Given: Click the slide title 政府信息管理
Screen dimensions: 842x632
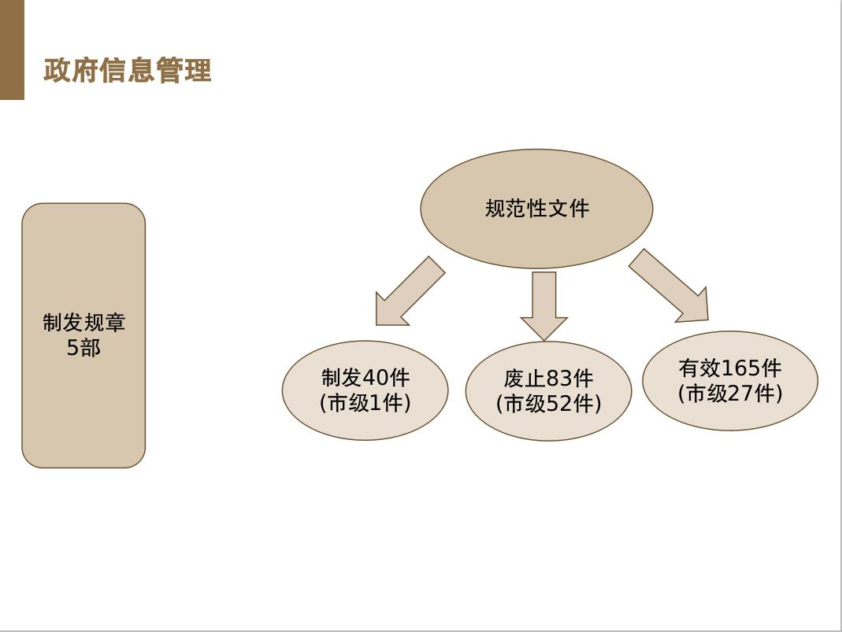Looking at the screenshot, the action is point(128,71).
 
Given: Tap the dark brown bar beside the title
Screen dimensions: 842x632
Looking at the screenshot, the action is point(12,50).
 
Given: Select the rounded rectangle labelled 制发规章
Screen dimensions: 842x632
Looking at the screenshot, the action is point(83,335).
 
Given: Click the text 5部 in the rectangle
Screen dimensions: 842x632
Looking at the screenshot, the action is point(83,348).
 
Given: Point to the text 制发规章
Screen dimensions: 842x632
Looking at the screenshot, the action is point(83,323).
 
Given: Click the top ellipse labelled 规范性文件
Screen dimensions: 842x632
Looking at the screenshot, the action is point(536,209).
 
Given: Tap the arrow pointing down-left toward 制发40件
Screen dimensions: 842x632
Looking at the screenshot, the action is point(410,291).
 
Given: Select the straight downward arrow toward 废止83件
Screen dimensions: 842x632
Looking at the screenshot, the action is point(544,306).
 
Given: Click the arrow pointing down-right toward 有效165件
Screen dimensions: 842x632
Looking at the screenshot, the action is point(669,286).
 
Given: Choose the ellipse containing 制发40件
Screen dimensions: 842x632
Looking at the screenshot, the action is point(365,390).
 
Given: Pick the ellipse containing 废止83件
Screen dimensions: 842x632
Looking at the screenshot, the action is point(548,391).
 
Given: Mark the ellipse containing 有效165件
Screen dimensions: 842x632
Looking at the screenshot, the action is point(730,380).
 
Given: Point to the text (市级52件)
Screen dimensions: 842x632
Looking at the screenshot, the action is point(548,404).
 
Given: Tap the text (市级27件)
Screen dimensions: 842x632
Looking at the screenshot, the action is point(730,394).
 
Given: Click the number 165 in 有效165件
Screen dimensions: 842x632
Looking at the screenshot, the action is point(740,368).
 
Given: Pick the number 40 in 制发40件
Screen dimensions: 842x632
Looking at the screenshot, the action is point(376,378).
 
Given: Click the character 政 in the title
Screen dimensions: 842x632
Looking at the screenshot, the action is point(57,71).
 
